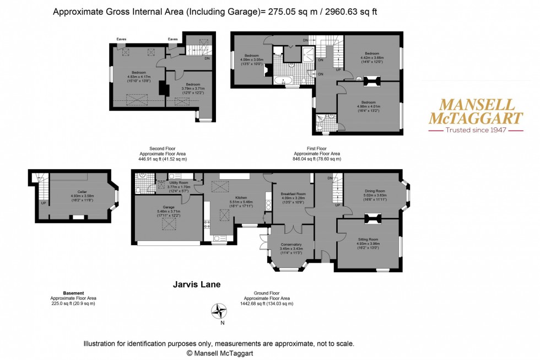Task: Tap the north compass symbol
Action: pyautogui.click(x=221, y=311)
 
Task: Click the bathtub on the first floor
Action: pyautogui.click(x=285, y=80)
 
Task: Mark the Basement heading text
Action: pyautogui.click(x=73, y=293)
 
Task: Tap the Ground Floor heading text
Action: pyautogui.click(x=266, y=293)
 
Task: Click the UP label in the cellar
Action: pyautogui.click(x=43, y=202)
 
